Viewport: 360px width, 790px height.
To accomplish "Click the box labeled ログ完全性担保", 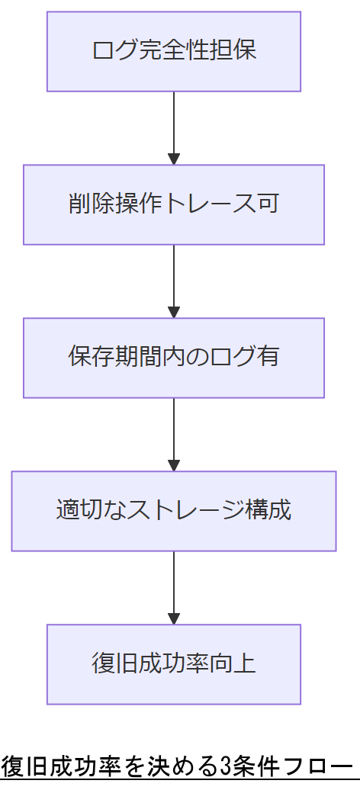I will pos(174,51).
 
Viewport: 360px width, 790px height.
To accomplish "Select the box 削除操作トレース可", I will pos(174,204).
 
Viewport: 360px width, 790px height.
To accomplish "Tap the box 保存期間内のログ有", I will pos(174,358).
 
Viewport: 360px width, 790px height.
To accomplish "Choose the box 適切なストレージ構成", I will pos(174,511).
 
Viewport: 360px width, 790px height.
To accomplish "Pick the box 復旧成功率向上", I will pos(174,664).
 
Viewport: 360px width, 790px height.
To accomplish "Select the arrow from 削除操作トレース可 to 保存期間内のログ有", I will pos(174,281).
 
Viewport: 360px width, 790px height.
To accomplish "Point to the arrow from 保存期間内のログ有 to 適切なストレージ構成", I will pos(174,434).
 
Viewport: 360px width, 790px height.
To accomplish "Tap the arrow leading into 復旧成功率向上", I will pos(174,587).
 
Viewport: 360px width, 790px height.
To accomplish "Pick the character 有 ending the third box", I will pos(268,358).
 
